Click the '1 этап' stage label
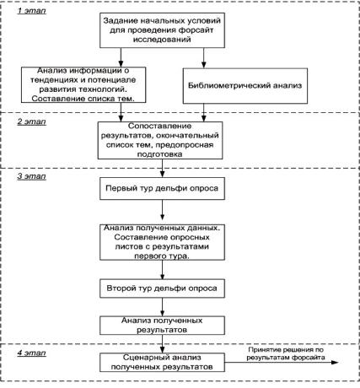[31, 11]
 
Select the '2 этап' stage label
[31, 121]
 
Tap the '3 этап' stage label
[31, 176]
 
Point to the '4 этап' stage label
[31, 353]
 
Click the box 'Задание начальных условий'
[162, 30]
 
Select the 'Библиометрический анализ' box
[245, 85]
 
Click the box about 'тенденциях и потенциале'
[83, 84]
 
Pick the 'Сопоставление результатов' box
[160, 140]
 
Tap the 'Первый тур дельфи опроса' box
[162, 188]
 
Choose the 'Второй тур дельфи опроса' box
[162, 288]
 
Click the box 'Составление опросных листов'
[162, 242]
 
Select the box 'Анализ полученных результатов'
[162, 326]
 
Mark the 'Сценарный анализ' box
[162, 363]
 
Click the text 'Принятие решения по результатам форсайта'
[286, 353]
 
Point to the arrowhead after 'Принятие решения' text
[335, 363]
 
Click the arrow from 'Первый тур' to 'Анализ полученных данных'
[162, 210]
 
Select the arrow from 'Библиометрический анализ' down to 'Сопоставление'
[204, 112]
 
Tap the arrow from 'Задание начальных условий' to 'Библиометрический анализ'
[204, 58]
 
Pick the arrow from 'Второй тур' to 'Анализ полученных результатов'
[162, 307]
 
